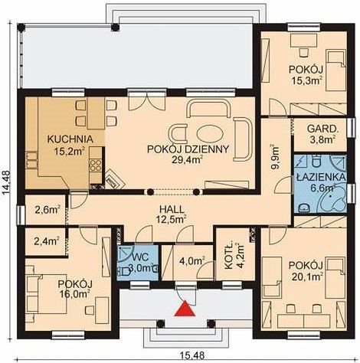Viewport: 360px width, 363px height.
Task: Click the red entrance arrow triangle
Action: (x=185, y=309)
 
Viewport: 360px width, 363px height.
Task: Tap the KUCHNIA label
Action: (x=70, y=139)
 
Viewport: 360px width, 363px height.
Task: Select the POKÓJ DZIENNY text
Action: (x=188, y=149)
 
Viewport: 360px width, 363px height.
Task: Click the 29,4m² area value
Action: (x=188, y=160)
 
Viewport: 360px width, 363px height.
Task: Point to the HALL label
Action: (x=172, y=210)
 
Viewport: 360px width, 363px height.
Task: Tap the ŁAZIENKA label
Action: (x=321, y=178)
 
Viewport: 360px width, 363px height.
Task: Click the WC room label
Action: (x=141, y=257)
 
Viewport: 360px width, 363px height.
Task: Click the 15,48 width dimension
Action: (x=192, y=355)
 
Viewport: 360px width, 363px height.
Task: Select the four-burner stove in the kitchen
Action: (x=96, y=165)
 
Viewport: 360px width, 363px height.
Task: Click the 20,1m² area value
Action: (x=306, y=276)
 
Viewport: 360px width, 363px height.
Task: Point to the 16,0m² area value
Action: (x=75, y=293)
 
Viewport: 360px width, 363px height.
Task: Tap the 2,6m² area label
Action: (x=47, y=211)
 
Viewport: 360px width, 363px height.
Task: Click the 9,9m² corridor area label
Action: (x=276, y=157)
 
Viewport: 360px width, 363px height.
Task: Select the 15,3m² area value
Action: (x=306, y=80)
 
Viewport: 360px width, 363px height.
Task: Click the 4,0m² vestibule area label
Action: (x=192, y=261)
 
